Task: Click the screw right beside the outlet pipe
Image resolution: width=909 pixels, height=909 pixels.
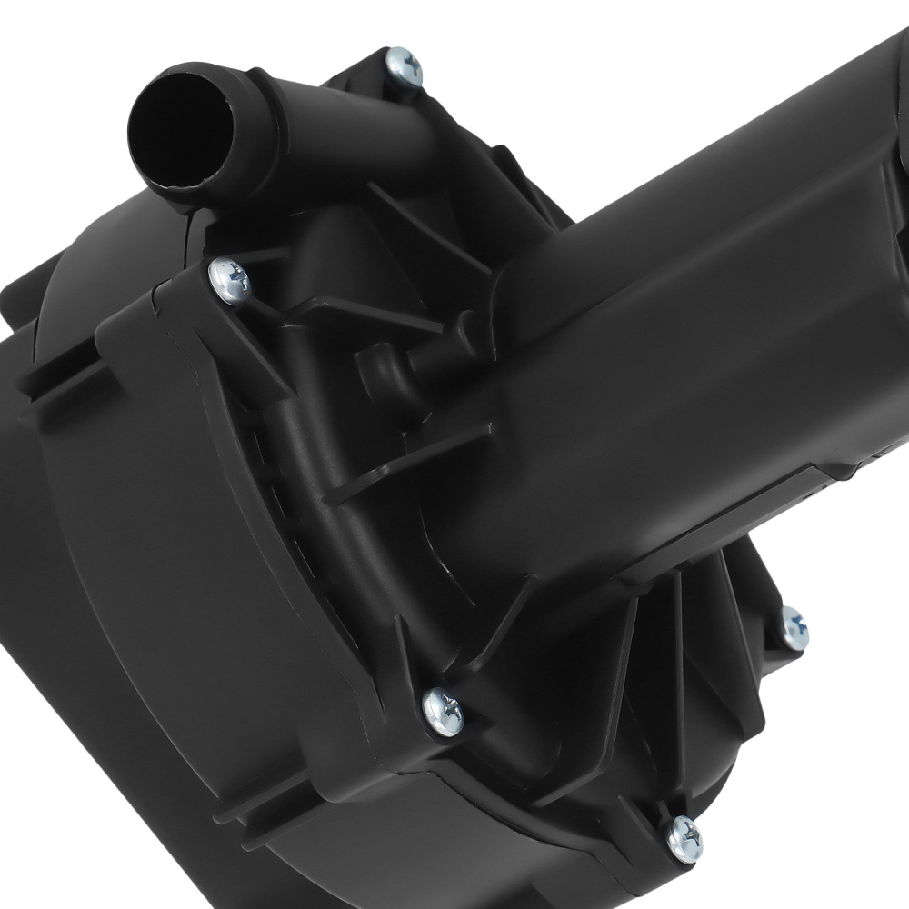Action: tap(404, 65)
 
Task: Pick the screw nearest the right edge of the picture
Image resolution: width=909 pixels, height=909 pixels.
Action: tap(793, 626)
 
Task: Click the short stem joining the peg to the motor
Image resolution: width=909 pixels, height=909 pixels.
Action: tap(427, 359)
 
